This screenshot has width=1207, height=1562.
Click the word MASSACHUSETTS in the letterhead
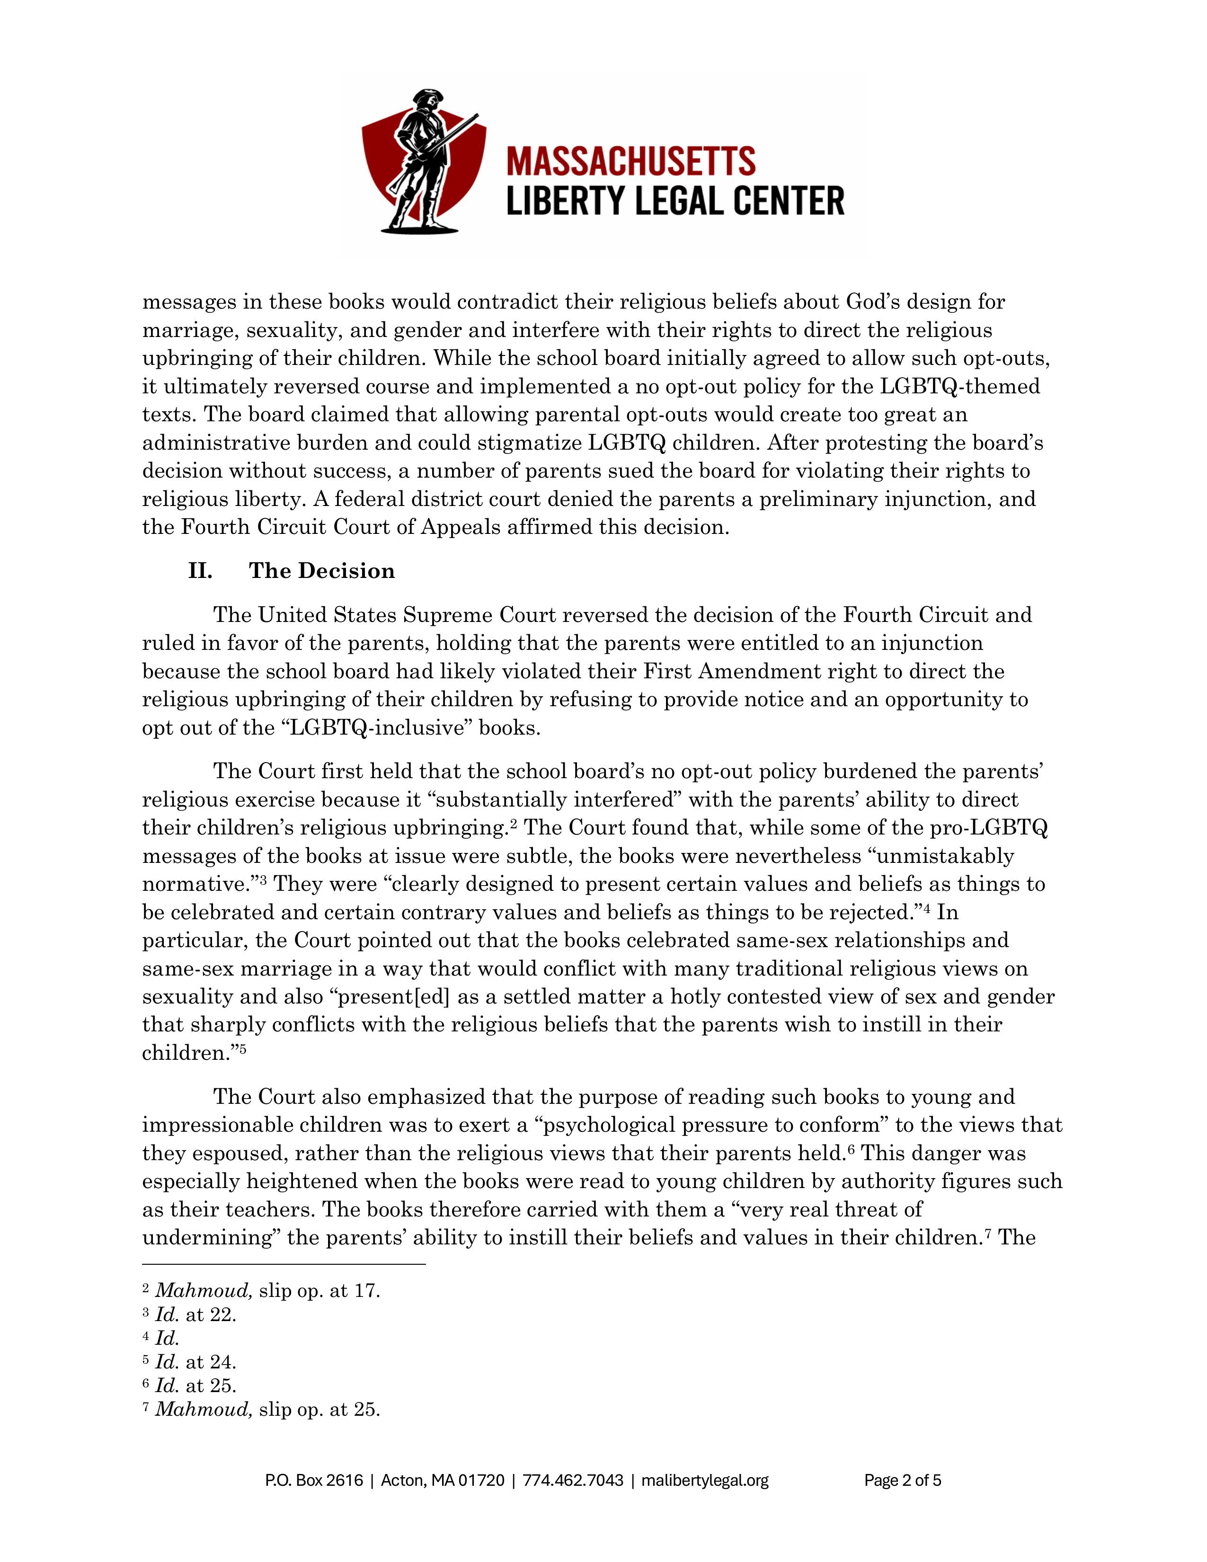(630, 161)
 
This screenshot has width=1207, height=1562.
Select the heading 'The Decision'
(322, 571)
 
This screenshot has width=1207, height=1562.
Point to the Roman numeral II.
(200, 571)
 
